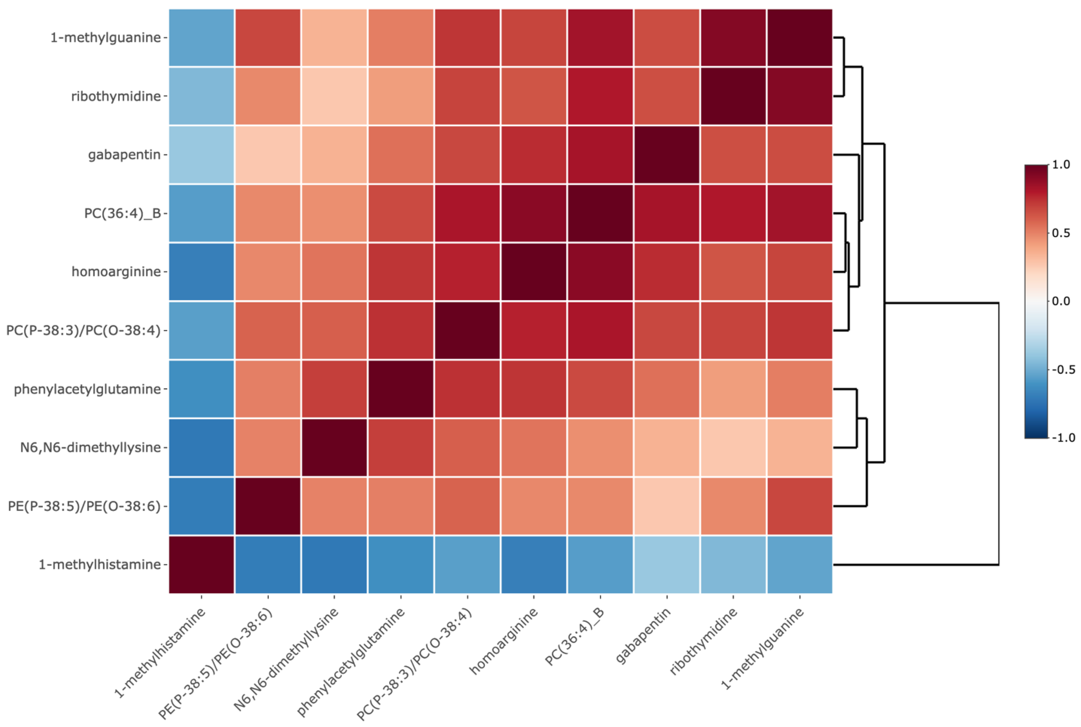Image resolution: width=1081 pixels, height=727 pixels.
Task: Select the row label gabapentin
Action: [124, 154]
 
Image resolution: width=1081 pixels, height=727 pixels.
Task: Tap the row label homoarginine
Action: [116, 272]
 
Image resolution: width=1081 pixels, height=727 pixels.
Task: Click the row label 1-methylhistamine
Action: [100, 565]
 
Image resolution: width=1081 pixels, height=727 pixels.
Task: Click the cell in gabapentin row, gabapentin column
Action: [666, 154]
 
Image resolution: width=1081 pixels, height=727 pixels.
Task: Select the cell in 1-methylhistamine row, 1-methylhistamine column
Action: [201, 565]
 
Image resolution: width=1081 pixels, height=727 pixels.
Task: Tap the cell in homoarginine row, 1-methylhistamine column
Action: [201, 272]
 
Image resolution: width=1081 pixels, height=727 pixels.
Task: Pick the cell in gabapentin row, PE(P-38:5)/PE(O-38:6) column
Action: [268, 154]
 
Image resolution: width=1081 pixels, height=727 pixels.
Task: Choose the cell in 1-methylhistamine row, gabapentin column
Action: [666, 565]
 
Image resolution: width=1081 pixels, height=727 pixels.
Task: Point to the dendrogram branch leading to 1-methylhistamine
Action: [916, 565]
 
